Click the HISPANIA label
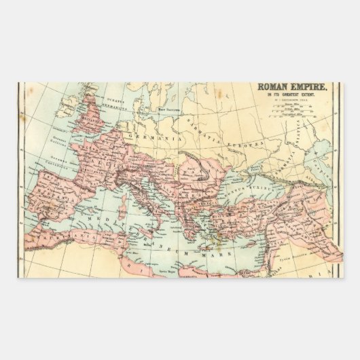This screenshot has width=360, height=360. pyautogui.click(x=58, y=190)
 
